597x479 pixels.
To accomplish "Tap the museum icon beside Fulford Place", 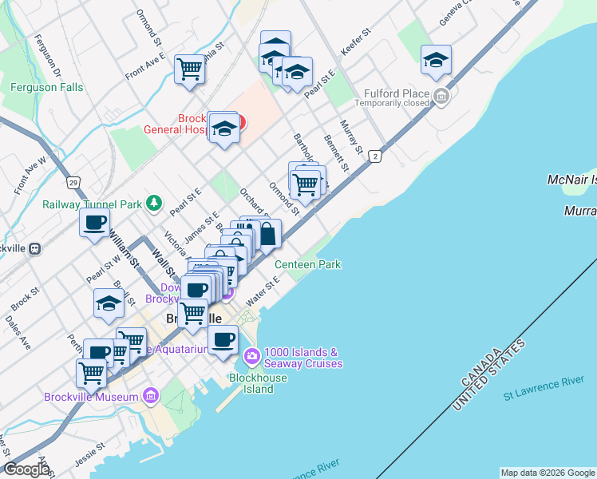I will click(441, 98).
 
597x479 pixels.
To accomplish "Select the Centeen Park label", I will click(307, 264).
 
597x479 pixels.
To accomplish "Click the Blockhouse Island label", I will click(251, 383).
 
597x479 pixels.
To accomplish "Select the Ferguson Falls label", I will click(47, 87).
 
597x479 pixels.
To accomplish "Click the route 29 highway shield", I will click(73, 183).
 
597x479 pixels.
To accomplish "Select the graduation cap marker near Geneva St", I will click(436, 58).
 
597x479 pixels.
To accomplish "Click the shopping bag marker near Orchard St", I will click(268, 234).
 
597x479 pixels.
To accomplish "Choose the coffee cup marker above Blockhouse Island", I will click(223, 338).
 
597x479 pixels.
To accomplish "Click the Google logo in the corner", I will click(26, 469).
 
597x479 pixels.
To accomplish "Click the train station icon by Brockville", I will click(35, 248).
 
